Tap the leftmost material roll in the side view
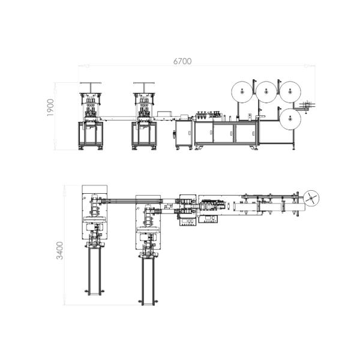240,92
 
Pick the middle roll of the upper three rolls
266,92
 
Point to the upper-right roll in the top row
291,92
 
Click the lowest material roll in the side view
291,119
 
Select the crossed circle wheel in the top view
311,197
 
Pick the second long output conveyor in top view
148,279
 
